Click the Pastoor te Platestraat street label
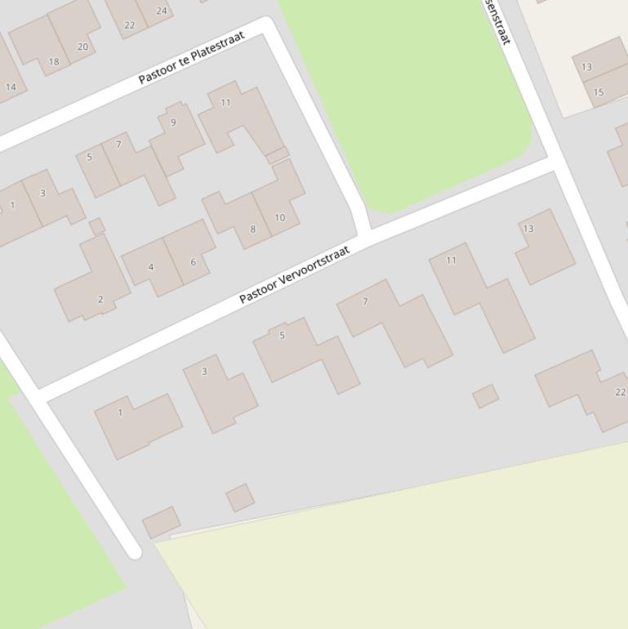pyautogui.click(x=191, y=58)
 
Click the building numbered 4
pyautogui.click(x=150, y=266)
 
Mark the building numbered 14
pyautogui.click(x=10, y=82)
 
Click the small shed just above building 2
pyautogui.click(x=97, y=226)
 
